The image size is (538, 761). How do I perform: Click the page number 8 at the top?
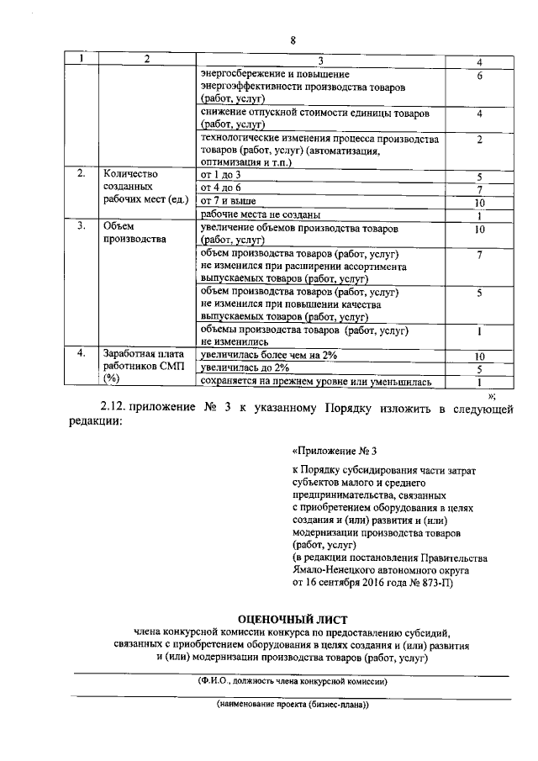293,40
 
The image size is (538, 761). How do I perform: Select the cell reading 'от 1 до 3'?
217,174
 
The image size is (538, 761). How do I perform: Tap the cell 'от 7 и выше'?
228,201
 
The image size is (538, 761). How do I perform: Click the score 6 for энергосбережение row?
477,77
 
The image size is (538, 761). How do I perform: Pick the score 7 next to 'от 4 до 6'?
477,188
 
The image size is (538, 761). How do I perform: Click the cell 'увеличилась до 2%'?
245,368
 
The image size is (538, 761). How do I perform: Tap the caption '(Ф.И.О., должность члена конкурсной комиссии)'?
292,681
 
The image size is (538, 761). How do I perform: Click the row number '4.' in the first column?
81,354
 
